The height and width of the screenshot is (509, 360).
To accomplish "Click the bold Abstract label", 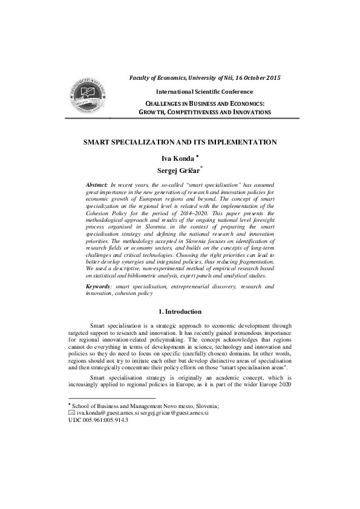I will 97,183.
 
